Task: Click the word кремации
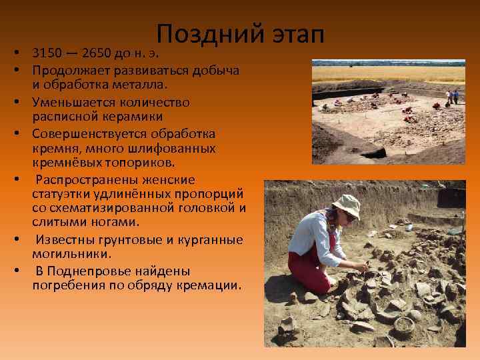211,285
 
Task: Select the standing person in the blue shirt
456,97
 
